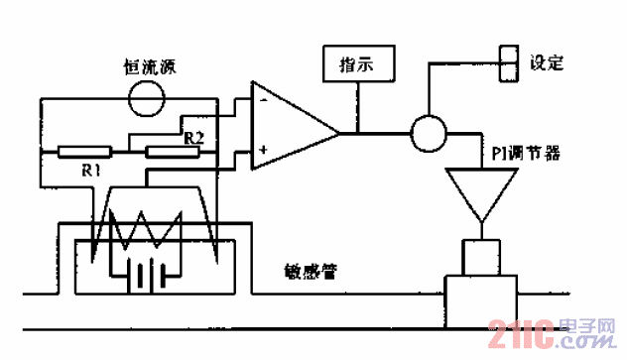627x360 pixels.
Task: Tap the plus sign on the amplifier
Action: pos(264,150)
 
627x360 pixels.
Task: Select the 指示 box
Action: pos(357,65)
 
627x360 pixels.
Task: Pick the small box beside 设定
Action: pos(508,63)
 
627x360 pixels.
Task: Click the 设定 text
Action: pos(547,63)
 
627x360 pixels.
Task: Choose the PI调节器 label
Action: pos(525,154)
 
